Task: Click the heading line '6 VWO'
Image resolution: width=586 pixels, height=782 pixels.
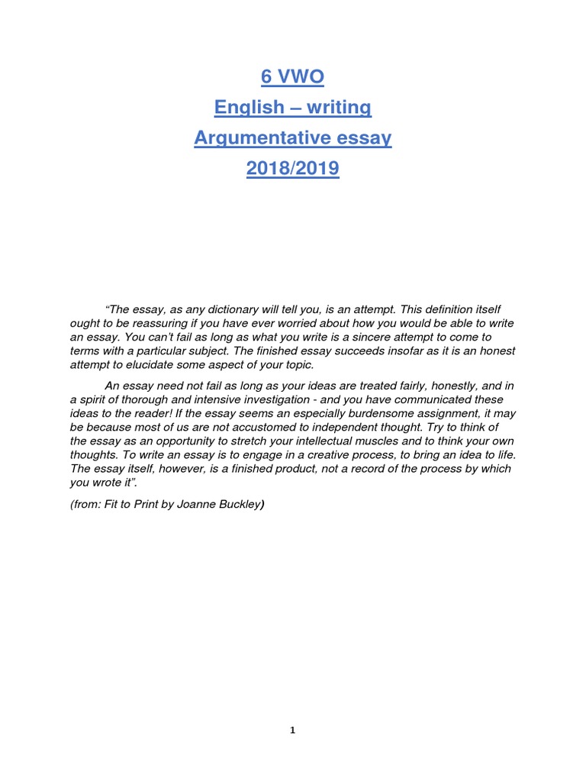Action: pos(292,77)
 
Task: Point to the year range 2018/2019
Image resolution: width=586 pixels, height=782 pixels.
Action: pos(292,168)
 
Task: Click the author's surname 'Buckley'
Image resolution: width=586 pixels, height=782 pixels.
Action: pos(240,505)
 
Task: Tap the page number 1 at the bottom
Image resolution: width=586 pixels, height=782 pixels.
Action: pos(292,731)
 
